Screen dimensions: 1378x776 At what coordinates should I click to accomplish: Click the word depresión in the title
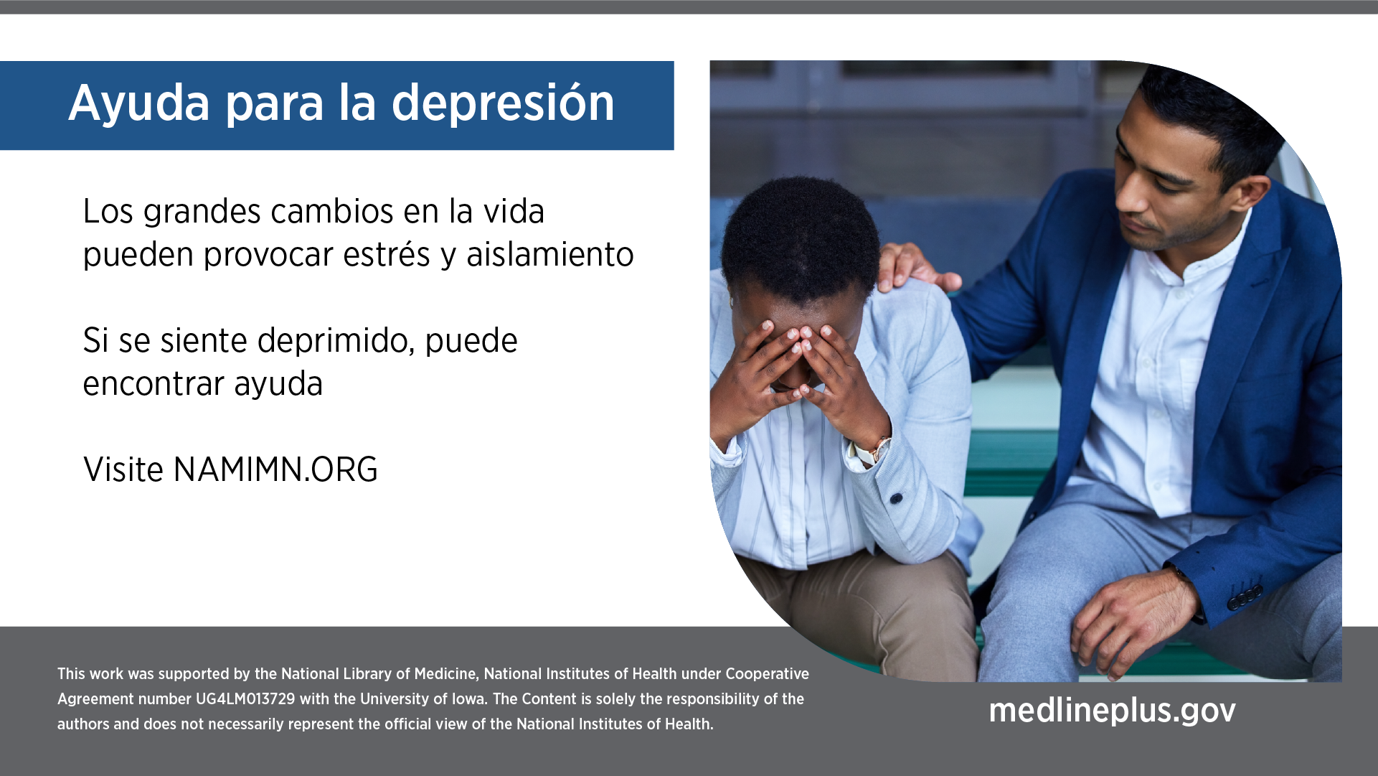(x=503, y=103)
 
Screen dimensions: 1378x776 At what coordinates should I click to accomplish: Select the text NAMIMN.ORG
(x=275, y=469)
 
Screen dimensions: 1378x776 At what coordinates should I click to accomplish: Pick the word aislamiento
(x=550, y=254)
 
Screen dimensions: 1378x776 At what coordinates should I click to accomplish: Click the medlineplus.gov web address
(x=1113, y=710)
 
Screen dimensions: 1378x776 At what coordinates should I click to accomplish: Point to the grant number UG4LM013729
(x=245, y=699)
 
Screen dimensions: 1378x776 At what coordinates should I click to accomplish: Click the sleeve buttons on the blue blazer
(x=1245, y=596)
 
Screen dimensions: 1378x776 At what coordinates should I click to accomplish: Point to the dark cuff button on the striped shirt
(x=896, y=497)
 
